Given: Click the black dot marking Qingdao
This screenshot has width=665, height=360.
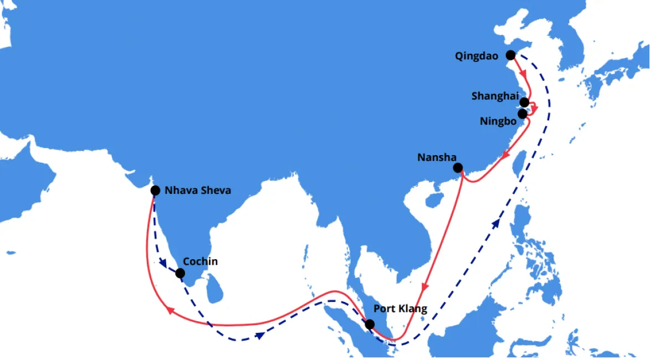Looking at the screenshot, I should click(x=510, y=55).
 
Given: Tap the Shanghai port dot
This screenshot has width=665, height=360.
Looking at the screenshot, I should click(x=524, y=102).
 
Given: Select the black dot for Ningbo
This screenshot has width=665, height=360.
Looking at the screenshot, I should click(x=522, y=114).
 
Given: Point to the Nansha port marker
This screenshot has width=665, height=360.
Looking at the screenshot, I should click(x=458, y=167).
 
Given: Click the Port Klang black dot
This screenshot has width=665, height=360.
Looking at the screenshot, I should click(x=369, y=324).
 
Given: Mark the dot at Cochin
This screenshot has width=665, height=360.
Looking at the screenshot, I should click(x=180, y=273).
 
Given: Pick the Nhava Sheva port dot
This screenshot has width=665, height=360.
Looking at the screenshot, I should click(x=156, y=191).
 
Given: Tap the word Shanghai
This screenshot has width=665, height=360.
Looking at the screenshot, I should click(x=495, y=96).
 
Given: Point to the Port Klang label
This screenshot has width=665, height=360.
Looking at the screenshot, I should click(x=400, y=308).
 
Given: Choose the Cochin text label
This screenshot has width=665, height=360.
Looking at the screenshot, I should click(x=200, y=261).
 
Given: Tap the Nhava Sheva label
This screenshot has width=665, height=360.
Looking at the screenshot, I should click(x=198, y=191).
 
